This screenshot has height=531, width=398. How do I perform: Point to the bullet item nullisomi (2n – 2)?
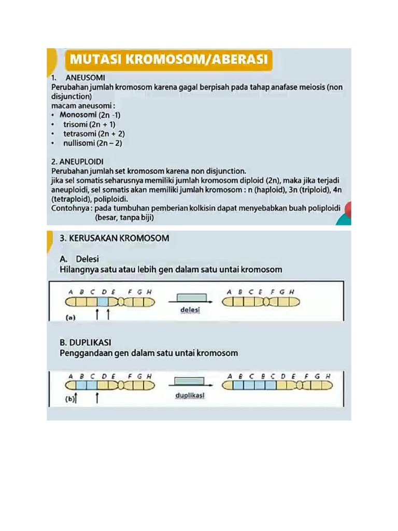(93, 143)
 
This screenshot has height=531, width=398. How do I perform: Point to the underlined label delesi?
(190, 310)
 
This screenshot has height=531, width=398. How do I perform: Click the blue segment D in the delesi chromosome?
(103, 301)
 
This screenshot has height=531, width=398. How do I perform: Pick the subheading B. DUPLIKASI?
(86, 343)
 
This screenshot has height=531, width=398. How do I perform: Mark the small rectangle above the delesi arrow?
(187, 297)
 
